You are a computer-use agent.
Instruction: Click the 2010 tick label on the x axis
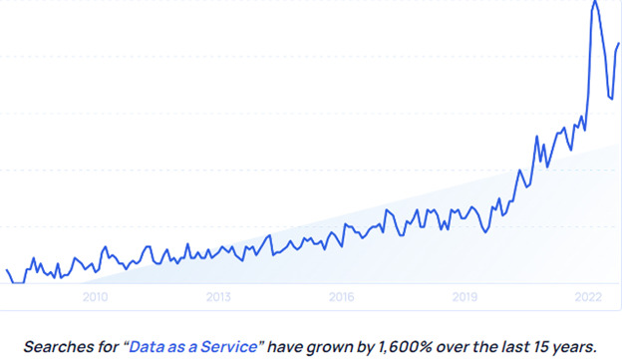tap(95, 296)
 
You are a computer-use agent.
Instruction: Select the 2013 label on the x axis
tap(218, 296)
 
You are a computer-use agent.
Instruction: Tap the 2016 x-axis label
tap(341, 296)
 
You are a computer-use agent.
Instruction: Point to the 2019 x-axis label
tap(465, 296)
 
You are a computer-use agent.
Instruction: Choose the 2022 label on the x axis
tap(588, 296)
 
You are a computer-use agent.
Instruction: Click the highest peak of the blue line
tap(595, 2)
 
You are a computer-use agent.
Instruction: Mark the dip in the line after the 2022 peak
tap(611, 98)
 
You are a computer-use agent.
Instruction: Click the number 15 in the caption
tap(535, 346)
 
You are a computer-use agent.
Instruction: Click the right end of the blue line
tap(619, 44)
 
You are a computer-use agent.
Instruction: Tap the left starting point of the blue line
tap(7, 269)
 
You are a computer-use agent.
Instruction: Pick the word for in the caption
tap(107, 346)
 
